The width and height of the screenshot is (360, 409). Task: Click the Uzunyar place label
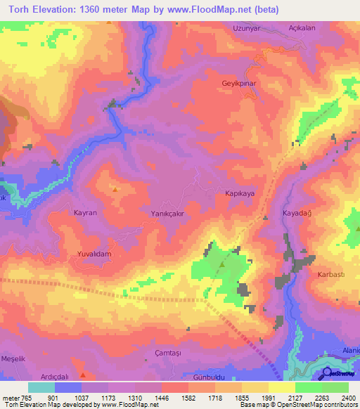click(247, 28)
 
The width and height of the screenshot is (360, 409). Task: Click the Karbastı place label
click(330, 274)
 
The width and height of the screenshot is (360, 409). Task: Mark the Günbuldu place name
click(207, 377)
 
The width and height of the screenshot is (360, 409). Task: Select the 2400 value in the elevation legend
click(348, 398)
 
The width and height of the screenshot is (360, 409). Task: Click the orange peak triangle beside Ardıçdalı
click(84, 373)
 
